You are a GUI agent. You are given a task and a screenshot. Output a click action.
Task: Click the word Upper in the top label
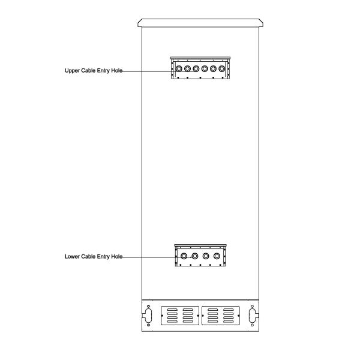tap(72, 70)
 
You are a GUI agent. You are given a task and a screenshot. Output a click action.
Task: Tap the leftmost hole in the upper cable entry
tap(179, 69)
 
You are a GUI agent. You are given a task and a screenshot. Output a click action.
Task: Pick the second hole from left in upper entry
tap(188, 69)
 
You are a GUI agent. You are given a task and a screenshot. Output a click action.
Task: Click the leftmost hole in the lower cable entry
tap(184, 256)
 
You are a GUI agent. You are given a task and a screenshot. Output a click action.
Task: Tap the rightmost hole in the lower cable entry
tap(217, 256)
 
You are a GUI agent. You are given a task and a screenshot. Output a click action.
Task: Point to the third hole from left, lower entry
tap(206, 256)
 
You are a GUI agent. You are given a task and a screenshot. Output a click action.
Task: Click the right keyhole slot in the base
tap(252, 316)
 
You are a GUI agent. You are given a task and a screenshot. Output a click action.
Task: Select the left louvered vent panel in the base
tap(181, 316)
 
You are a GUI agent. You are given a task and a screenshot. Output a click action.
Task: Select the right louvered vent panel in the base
tap(220, 316)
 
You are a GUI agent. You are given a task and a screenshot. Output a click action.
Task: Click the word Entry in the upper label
tap(102, 70)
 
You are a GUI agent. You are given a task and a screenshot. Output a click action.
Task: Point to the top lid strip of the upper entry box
tap(200, 58)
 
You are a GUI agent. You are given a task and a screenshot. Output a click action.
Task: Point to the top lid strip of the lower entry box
tap(200, 245)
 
